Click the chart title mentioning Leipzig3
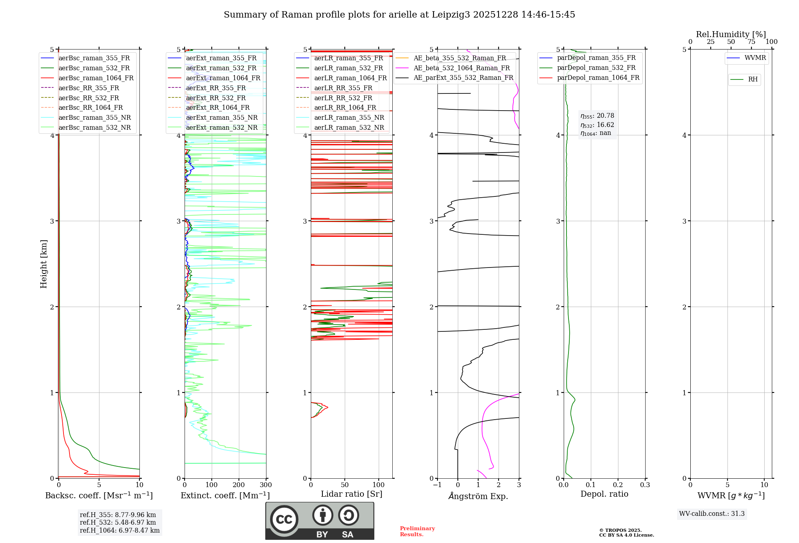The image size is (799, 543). pos(399,15)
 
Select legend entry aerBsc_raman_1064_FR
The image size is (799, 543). pos(96,78)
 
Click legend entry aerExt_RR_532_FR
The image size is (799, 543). pos(216,98)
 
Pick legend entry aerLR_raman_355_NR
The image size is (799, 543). pos(349,117)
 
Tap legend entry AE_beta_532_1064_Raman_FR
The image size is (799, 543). pos(461,68)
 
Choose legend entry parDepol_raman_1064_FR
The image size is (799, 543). pos(598,77)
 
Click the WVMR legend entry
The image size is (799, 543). pos(755,58)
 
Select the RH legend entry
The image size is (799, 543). pos(753,79)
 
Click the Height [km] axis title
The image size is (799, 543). pos(44,264)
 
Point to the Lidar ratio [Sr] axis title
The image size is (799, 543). pos(352,494)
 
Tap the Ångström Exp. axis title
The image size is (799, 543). pos(478,496)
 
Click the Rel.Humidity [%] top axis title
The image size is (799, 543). pos(731,34)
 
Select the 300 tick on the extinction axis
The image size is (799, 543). pos(266,485)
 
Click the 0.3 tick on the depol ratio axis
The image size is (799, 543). pos(645,485)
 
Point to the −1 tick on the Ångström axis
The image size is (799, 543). pos(437,485)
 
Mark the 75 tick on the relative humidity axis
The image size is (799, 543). pos(751,42)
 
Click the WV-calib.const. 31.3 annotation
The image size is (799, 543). pos(712,513)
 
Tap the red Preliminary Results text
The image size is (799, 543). pos(417,531)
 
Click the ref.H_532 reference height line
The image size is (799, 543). pos(117,522)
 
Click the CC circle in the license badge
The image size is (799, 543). pos(284,519)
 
